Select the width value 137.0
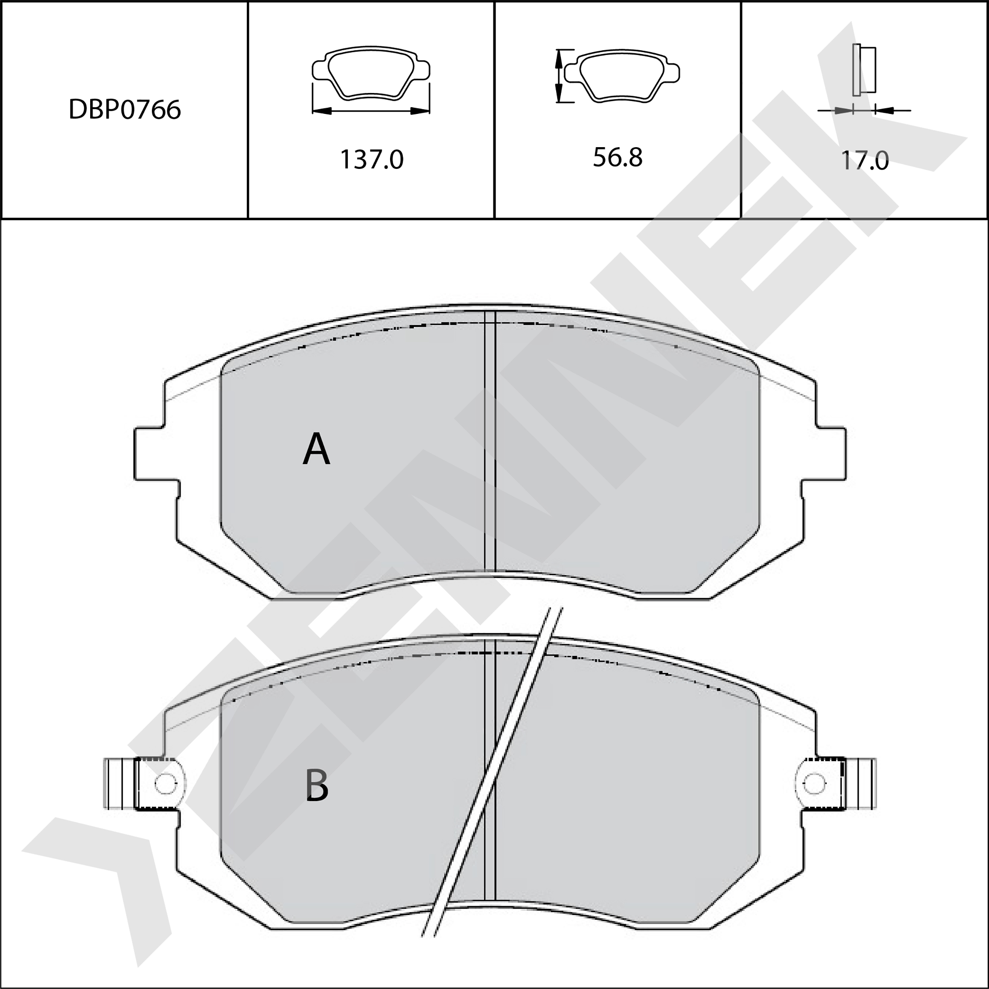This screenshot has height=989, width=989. click(371, 160)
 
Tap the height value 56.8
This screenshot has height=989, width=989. click(618, 157)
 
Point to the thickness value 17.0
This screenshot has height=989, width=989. click(865, 160)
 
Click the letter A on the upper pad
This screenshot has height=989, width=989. click(316, 449)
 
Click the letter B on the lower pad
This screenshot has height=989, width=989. click(317, 786)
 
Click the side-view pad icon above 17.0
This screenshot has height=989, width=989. click(864, 70)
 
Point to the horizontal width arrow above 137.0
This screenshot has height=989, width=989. click(371, 111)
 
